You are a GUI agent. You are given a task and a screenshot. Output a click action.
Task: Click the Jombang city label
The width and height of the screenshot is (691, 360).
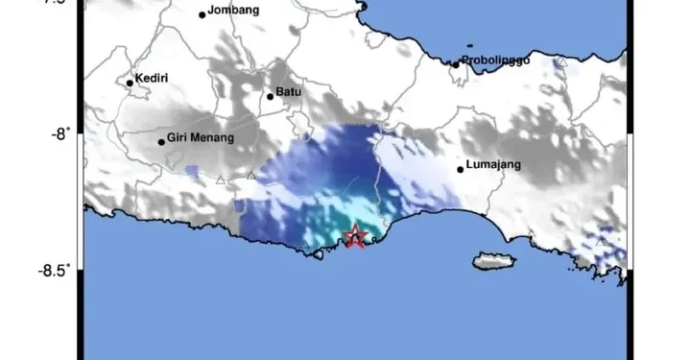234,11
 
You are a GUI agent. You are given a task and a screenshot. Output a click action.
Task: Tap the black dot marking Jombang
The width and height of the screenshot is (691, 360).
203,14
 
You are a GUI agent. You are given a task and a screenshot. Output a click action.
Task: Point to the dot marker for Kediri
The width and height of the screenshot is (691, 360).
131,83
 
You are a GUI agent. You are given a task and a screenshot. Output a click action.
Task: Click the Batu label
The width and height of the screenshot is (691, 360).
288,93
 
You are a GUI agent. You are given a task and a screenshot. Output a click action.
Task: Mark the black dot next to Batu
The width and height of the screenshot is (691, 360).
271,96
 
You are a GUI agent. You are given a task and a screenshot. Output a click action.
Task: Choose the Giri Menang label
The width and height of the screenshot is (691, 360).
201,137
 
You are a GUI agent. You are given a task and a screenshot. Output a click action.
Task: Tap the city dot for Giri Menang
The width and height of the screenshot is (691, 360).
162,142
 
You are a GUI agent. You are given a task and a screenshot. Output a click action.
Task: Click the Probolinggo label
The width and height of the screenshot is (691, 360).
496,60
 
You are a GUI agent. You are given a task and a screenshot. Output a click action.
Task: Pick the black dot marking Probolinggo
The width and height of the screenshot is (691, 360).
457,65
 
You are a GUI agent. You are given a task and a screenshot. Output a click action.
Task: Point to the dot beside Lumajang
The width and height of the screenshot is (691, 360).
461,170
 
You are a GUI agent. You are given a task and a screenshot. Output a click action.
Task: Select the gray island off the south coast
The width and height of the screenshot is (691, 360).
496,260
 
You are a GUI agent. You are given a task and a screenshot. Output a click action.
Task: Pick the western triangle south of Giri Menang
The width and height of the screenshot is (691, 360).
221,180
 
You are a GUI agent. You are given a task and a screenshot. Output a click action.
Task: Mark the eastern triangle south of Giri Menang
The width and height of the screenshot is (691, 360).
251,175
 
